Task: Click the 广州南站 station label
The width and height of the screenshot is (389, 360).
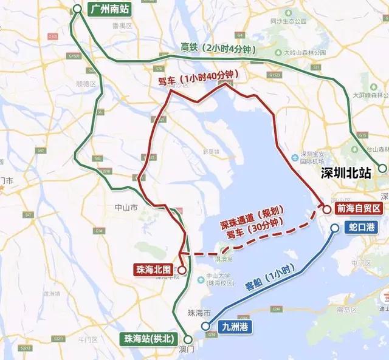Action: click(109, 10)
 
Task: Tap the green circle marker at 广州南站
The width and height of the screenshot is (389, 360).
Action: click(77, 8)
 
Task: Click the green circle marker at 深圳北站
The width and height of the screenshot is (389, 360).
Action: click(382, 168)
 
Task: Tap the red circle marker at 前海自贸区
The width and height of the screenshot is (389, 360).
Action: click(327, 209)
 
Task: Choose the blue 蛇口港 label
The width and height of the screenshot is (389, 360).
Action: click(361, 226)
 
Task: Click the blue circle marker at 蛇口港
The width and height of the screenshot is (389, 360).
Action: click(335, 228)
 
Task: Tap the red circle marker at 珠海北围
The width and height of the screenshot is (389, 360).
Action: click(181, 268)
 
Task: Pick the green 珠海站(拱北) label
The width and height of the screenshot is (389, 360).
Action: click(149, 339)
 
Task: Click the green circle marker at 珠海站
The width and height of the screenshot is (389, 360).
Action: click(188, 339)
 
